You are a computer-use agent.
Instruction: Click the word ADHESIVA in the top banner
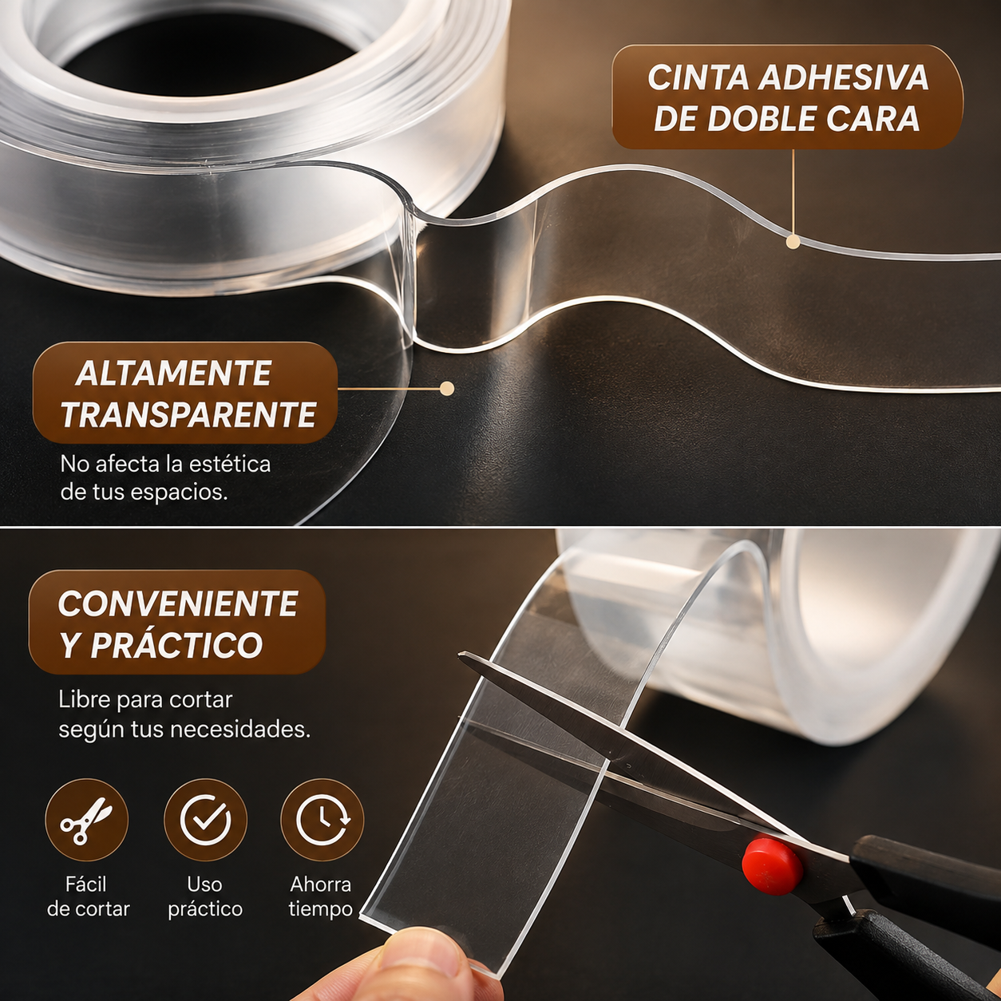(843, 79)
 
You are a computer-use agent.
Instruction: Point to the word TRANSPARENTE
(188, 414)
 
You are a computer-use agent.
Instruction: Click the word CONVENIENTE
(178, 603)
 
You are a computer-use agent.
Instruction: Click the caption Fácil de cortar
(88, 897)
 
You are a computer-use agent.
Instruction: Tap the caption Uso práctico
(205, 897)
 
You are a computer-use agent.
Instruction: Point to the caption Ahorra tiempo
(321, 897)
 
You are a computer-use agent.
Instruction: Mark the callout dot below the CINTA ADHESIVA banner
(793, 242)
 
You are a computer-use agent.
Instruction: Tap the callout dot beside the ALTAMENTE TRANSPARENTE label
(447, 388)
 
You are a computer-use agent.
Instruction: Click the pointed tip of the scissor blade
(461, 656)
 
